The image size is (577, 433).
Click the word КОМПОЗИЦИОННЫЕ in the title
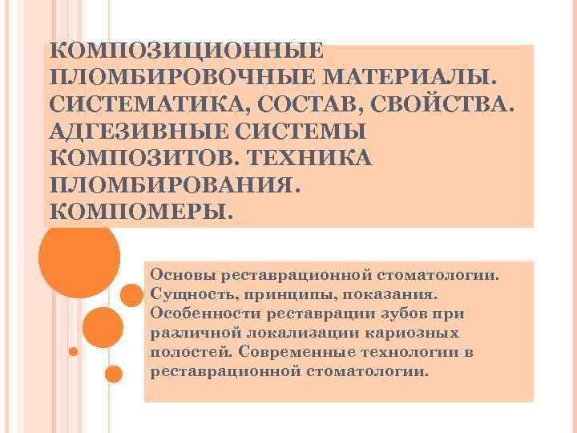coord(186,51)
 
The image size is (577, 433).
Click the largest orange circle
coord(79,257)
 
